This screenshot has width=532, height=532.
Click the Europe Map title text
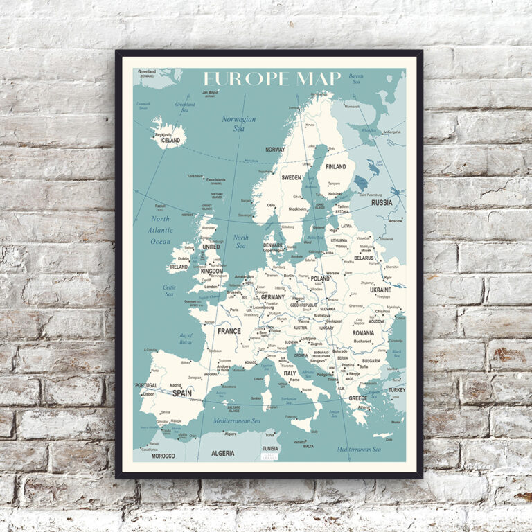pos(272,78)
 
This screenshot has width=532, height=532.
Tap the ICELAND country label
pos(170,140)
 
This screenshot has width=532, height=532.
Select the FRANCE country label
pos(229,331)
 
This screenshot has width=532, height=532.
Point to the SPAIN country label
pos(182,393)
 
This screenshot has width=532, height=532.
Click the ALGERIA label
pos(223,453)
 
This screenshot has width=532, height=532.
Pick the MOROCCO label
pos(163,456)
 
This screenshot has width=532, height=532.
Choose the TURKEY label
pos(397,390)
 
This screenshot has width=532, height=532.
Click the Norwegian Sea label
pos(239,123)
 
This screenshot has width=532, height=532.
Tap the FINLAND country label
pos(336,167)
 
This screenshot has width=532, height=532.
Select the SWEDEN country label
pos(291,177)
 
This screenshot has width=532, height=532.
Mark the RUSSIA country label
pos(382,203)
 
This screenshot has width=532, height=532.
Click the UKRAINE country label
pos(380,290)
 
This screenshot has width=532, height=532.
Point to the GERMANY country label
pos(273,296)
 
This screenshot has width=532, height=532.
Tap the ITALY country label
pos(290,373)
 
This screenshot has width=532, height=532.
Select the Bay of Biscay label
pos(186,339)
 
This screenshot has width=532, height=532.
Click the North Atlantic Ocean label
pos(161,230)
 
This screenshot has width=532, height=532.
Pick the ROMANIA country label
pos(362,333)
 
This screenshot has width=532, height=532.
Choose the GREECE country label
pos(358,398)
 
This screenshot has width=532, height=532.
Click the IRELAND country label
pos(179,266)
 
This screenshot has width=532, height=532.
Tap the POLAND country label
pos(320,278)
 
